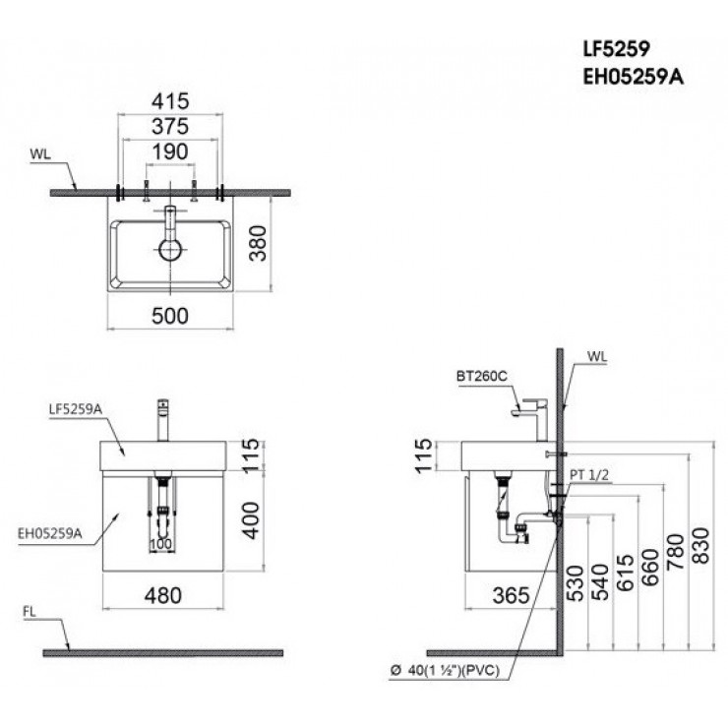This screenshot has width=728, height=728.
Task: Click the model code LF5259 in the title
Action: (617, 48)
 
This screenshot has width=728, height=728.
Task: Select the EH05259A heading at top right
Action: (634, 77)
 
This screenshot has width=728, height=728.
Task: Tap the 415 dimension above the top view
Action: (170, 101)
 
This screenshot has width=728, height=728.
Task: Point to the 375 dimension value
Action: (170, 126)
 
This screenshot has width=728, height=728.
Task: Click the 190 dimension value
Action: (170, 152)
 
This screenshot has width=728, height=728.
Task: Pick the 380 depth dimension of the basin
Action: (258, 243)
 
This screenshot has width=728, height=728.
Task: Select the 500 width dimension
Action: (170, 316)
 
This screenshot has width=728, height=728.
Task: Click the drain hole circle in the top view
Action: (170, 250)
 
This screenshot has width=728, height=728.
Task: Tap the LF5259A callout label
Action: (75, 409)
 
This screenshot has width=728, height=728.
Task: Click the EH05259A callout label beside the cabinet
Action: (50, 533)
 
